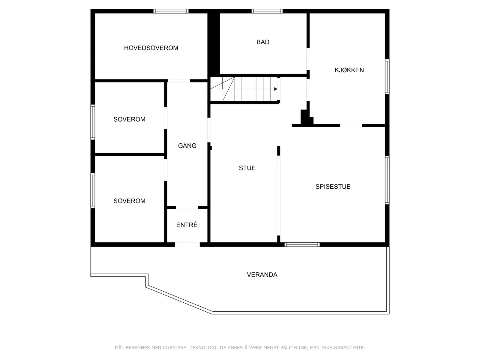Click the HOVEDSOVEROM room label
click(151, 48)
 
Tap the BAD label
click(263, 42)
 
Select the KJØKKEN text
click(349, 70)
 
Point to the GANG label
click(187, 145)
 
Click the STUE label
click(247, 168)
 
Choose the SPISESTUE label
click(333, 186)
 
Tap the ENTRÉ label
click(187, 225)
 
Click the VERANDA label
click(262, 275)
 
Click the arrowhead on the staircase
click(276, 89)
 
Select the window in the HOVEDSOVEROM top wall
click(171, 11)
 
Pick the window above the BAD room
click(267, 11)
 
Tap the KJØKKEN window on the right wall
click(387, 77)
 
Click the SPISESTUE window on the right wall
click(387, 180)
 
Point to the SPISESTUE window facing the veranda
click(302, 244)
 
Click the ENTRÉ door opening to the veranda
click(187, 244)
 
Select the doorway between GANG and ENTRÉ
click(187, 207)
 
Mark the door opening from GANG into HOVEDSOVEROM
click(179, 81)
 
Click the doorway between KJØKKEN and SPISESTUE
click(351, 125)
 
